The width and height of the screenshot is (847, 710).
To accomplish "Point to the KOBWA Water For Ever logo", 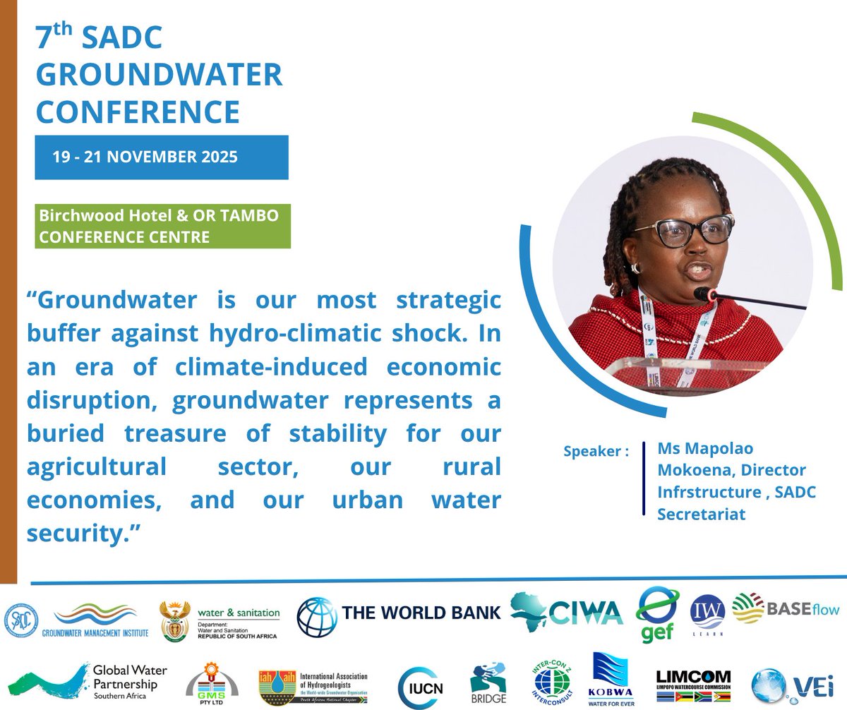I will [x=611, y=680].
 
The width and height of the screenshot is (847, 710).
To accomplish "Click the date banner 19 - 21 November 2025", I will [x=145, y=157].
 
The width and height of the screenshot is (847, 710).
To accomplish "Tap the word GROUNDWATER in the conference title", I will [x=160, y=75].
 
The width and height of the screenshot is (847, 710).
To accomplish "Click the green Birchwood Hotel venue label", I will [x=162, y=226].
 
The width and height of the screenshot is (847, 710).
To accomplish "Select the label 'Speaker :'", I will [x=596, y=451].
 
